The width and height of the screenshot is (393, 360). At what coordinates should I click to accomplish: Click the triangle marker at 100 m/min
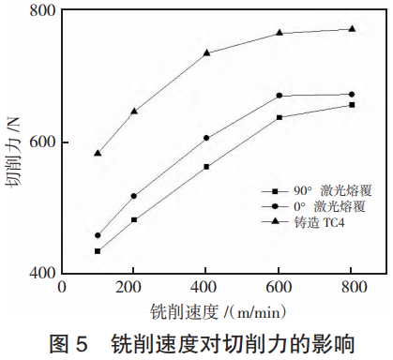pos(98,152)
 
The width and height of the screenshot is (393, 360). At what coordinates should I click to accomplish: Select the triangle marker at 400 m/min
pos(206,52)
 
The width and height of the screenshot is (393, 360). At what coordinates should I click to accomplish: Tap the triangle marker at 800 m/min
pos(352,29)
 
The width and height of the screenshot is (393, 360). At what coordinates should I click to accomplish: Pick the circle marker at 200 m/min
pos(134,196)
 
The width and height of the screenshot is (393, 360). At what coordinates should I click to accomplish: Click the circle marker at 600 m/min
pos(280,96)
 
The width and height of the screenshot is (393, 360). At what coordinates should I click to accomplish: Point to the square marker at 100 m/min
pos(98,251)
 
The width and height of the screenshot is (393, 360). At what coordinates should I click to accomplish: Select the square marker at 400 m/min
pos(206,167)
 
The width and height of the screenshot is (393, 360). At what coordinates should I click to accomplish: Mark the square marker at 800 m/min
pos(352,105)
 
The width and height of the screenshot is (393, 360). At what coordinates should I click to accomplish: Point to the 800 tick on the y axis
pos(43,12)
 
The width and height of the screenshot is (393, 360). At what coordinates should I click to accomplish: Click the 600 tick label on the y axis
pos(43,142)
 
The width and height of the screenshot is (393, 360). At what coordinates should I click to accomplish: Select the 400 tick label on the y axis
pos(43,274)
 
